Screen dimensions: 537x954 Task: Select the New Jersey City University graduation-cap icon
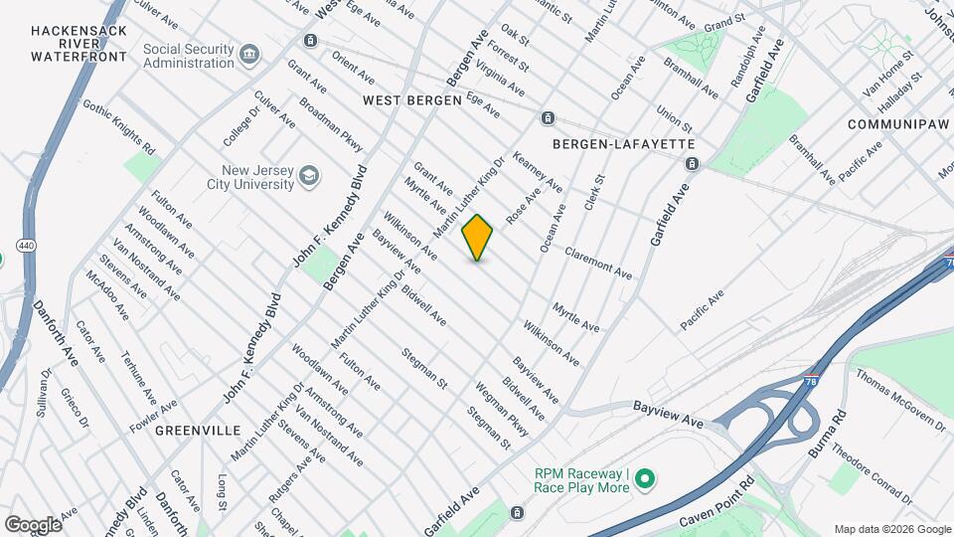pyautogui.click(x=310, y=176)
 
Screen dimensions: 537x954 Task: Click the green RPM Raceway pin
pyautogui.click(x=645, y=480)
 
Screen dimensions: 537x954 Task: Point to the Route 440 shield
pyautogui.click(x=25, y=245)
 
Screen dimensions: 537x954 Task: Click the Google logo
pyautogui.click(x=33, y=524)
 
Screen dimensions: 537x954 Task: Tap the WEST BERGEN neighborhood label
pyautogui.click(x=411, y=100)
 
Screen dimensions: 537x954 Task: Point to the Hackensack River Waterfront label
pyautogui.click(x=79, y=44)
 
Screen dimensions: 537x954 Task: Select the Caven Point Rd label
pyautogui.click(x=717, y=508)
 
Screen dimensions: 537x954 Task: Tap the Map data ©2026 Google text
pyautogui.click(x=891, y=528)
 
